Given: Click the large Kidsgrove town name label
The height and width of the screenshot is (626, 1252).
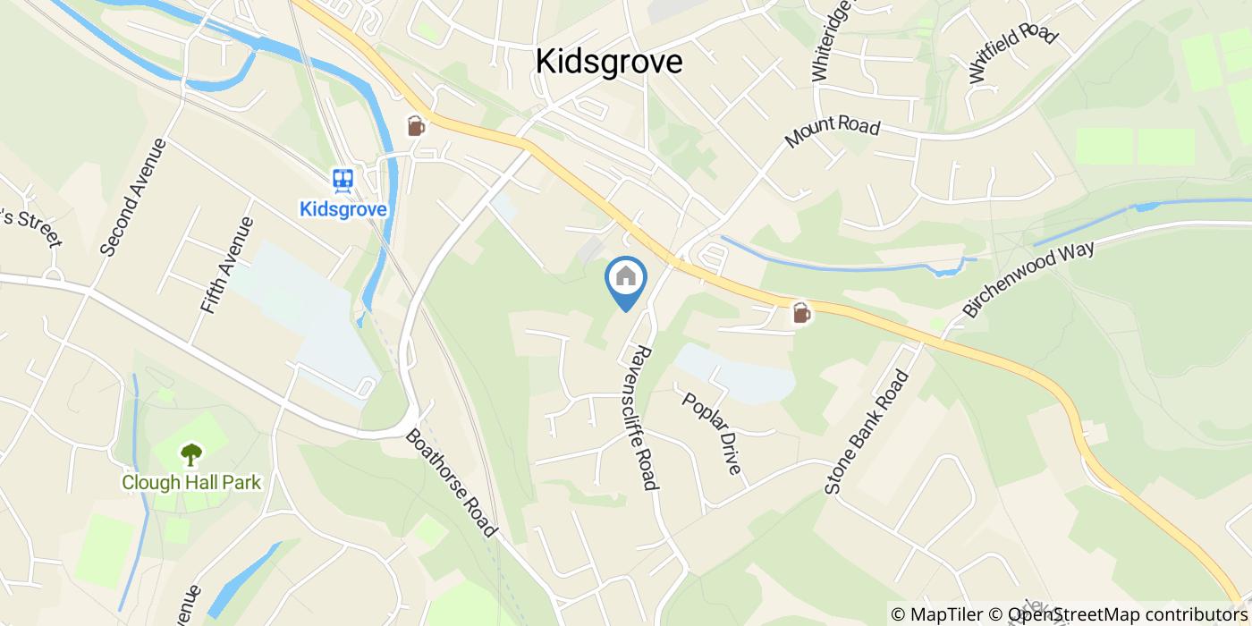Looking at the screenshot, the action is coord(609,62).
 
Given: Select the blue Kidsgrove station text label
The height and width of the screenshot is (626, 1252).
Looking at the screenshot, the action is coord(343,209).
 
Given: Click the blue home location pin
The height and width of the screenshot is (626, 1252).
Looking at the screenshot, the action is coord(626,280).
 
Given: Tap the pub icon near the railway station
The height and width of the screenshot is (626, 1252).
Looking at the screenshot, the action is coord(416,126).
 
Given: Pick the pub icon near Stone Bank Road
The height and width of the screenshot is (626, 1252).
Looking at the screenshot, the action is coord(801,313).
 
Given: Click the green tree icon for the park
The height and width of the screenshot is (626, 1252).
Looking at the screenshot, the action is coord(190,455).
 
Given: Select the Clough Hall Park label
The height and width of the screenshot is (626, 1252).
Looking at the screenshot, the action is coord(191,483).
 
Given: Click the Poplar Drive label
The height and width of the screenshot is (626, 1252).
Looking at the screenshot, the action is coord(712,432).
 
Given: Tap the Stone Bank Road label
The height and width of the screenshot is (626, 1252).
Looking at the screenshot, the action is coord(866,432).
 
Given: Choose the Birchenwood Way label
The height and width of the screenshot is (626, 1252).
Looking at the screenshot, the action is coord(1028,278).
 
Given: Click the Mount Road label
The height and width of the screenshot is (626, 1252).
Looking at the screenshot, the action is coord(832,133).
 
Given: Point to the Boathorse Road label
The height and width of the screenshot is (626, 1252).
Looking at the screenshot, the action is coord(451,483).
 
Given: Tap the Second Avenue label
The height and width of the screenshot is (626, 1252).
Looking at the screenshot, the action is coord(134,197).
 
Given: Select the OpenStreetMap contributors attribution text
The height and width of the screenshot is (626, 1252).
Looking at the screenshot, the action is coord(1128,614).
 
